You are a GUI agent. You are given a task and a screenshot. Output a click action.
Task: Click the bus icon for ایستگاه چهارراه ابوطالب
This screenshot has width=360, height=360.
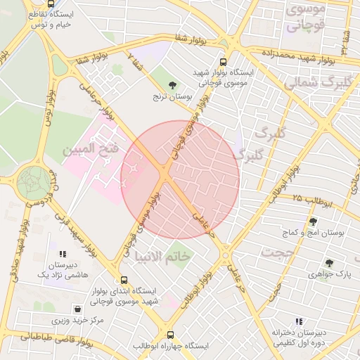170,335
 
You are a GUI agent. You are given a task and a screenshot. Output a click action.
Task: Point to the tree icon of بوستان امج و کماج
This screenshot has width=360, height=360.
313,221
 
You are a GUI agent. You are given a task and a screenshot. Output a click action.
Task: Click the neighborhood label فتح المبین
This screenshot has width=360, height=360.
86,150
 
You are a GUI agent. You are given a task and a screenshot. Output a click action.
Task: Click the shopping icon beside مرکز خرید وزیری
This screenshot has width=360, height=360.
76,308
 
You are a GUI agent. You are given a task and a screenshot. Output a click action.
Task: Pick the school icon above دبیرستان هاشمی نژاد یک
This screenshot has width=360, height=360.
63,253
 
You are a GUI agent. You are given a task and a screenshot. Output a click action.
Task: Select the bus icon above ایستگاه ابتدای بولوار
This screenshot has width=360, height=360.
124,279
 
